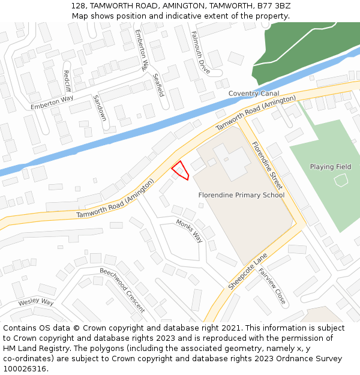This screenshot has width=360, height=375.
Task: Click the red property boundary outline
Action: click(x=181, y=170)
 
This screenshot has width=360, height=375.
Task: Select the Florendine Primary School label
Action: click(x=241, y=195)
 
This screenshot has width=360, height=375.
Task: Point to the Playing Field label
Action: click(x=331, y=167)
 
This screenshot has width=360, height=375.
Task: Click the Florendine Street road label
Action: click(x=267, y=166)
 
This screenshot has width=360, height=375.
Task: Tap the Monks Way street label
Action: click(x=190, y=230)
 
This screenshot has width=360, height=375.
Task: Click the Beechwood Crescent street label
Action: click(x=122, y=290)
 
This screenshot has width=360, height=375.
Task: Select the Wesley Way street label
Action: click(x=35, y=302)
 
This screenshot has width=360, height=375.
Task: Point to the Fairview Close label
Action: click(x=272, y=286)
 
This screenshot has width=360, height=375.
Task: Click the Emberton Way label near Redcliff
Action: click(x=52, y=102)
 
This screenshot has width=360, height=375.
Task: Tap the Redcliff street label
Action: click(x=67, y=81)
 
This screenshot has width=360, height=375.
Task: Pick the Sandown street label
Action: click(x=99, y=107)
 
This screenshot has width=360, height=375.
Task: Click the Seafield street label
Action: click(x=158, y=85)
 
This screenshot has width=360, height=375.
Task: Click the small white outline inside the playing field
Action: click(x=341, y=179)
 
